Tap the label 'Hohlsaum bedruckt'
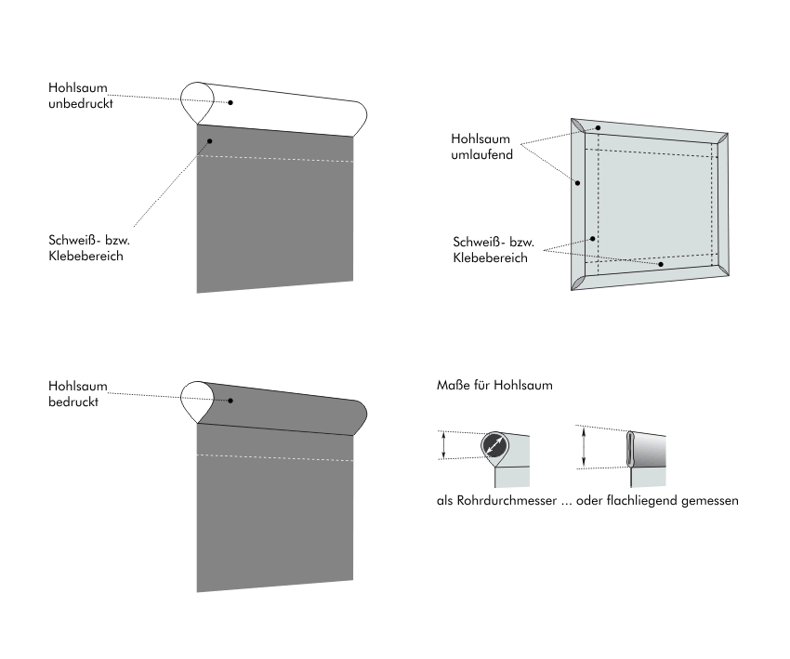(x=78, y=393)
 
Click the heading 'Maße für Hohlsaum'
(x=494, y=385)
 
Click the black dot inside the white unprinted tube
(x=231, y=102)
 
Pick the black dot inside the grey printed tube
(x=231, y=401)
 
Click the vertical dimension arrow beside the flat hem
(x=584, y=447)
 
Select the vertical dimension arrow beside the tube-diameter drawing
(x=444, y=444)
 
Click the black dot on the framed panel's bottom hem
(x=661, y=264)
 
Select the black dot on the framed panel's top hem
(x=599, y=128)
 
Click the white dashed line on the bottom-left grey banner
(x=275, y=455)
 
